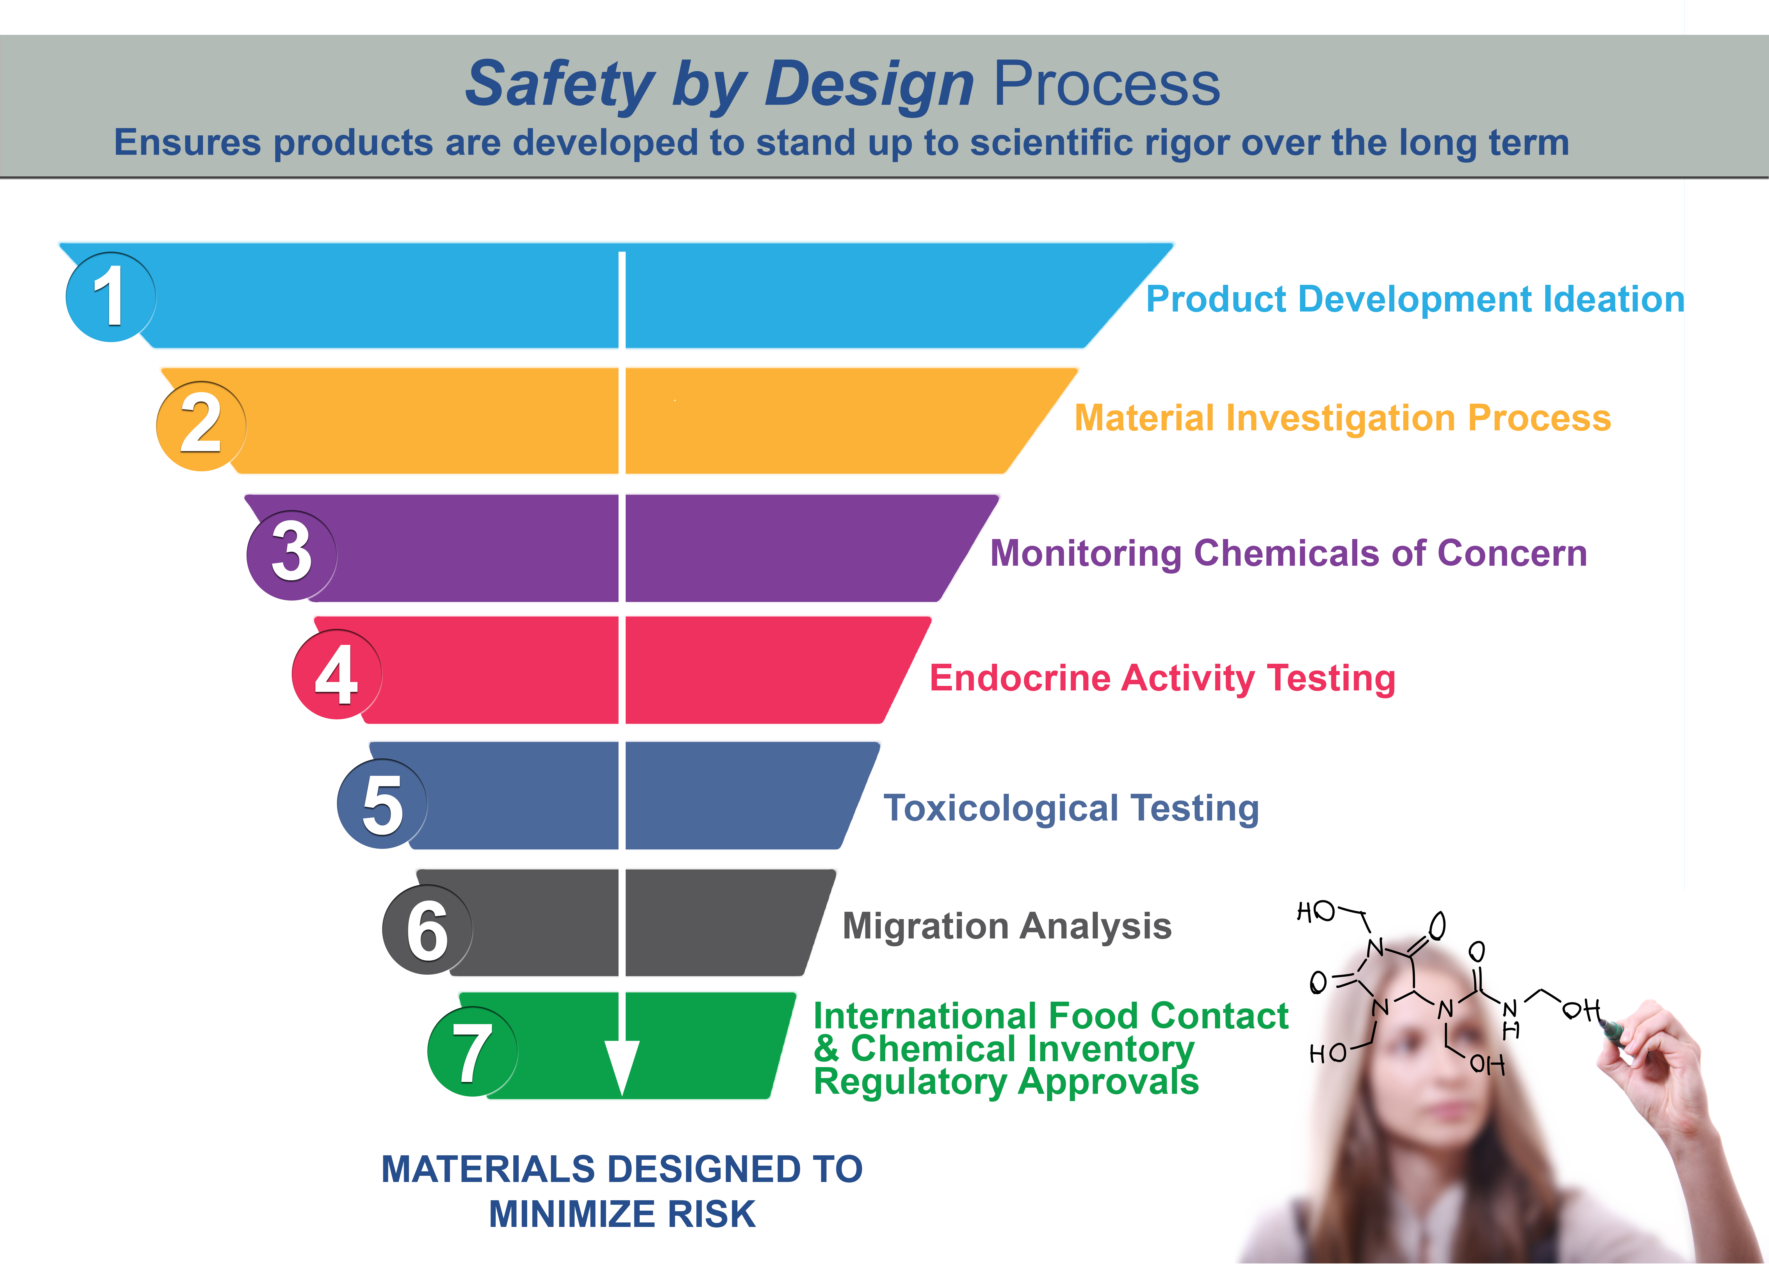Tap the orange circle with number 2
[x=201, y=426]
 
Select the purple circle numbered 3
[x=292, y=555]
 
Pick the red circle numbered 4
[x=337, y=674]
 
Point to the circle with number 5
[x=382, y=803]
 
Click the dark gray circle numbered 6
[x=427, y=929]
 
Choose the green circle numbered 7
[x=472, y=1052]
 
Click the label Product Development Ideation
[x=1415, y=299]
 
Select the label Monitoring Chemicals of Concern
[x=1288, y=553]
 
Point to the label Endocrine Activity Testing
[x=1162, y=678]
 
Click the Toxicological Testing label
[x=1071, y=808]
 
